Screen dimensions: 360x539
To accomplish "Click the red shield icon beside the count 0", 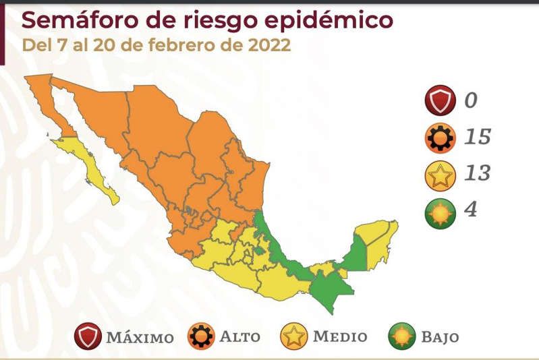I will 439,102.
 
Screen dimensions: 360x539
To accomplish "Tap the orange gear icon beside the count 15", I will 439,138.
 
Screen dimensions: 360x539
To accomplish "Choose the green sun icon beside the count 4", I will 439,210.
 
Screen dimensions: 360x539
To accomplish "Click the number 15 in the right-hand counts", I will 477,138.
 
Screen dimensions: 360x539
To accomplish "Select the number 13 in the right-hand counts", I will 477,174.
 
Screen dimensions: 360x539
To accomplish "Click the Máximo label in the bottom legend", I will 140,336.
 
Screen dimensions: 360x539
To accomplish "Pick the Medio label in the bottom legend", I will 340,336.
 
